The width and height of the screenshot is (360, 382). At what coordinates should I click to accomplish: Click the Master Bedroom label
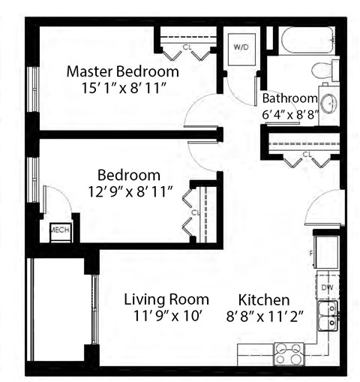click(x=122, y=72)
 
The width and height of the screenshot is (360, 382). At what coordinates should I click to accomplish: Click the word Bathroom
click(x=289, y=98)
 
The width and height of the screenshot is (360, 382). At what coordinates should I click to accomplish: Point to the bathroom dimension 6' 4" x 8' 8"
click(x=289, y=114)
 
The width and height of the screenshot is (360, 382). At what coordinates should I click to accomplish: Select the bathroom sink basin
click(x=328, y=101)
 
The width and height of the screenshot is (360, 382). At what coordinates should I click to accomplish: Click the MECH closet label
click(x=60, y=230)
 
